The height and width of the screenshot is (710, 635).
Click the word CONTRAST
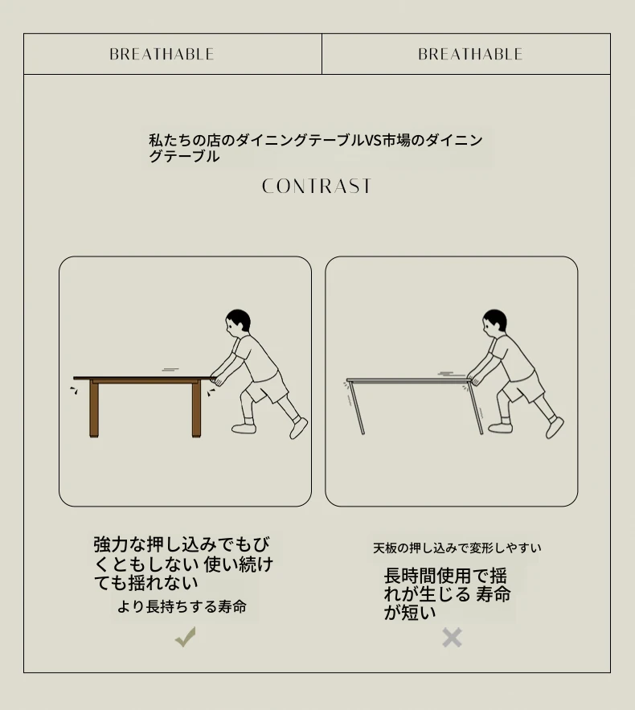(317, 186)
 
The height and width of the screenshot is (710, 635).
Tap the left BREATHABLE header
(162, 55)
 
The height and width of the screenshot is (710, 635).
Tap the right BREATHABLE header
(470, 55)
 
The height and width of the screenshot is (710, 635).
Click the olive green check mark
(186, 637)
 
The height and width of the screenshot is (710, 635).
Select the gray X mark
(452, 638)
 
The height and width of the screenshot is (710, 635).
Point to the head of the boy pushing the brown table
(238, 321)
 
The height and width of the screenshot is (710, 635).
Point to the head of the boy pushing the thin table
(494, 321)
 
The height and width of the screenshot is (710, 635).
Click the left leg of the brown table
(94, 409)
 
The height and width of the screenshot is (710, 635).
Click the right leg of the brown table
(196, 409)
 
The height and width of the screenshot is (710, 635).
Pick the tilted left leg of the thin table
(356, 408)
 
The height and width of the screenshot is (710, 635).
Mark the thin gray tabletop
(408, 380)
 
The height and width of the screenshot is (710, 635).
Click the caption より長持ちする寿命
(182, 606)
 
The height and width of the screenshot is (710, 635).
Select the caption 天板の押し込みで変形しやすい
(457, 548)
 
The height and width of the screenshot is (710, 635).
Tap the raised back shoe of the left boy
(299, 428)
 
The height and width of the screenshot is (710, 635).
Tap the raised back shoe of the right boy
(555, 428)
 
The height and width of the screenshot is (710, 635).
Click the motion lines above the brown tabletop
(170, 370)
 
